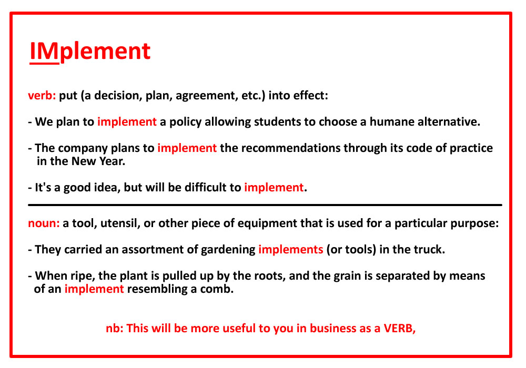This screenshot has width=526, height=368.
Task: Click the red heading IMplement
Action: point(90,52)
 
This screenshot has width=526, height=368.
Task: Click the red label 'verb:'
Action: point(42,96)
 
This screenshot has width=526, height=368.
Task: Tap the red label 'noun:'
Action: point(44,223)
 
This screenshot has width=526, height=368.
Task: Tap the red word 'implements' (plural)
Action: point(290,250)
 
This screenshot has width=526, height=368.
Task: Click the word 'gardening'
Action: point(228,250)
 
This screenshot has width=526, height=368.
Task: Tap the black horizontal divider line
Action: point(265,205)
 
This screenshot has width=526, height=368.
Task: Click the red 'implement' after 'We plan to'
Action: point(127,121)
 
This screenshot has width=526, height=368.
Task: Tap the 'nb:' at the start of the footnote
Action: point(115,329)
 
